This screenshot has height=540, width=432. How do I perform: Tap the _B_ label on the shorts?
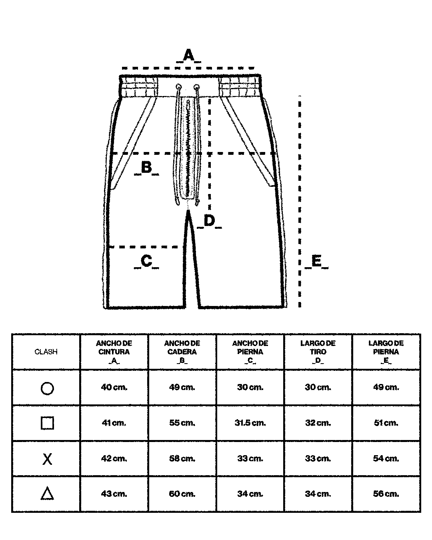pos(146,168)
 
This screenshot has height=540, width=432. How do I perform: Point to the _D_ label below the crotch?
pos(209,221)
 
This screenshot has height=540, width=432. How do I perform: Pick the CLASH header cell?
pos(46,352)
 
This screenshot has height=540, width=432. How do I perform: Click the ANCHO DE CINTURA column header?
pos(114,352)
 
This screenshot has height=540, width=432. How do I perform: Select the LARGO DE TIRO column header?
pos(318,352)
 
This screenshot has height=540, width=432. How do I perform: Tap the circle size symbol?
pos(47,388)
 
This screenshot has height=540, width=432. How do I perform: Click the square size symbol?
pos(47,423)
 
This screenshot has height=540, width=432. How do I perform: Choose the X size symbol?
pos(47,459)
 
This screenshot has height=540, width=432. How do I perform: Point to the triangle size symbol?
pos(47,494)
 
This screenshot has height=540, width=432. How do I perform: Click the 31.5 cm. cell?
pos(250,423)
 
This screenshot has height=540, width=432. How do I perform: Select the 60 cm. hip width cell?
pos(182,494)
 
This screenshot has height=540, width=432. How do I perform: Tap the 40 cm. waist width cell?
pos(114,387)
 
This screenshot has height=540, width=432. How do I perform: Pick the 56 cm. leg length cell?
pos(386,494)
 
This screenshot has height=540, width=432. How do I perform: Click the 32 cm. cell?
pos(318,423)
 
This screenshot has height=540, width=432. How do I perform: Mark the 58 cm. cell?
pos(182,458)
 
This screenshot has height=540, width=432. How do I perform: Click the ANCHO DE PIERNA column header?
pos(250,352)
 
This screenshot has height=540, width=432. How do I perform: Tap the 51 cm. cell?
pos(386,423)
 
